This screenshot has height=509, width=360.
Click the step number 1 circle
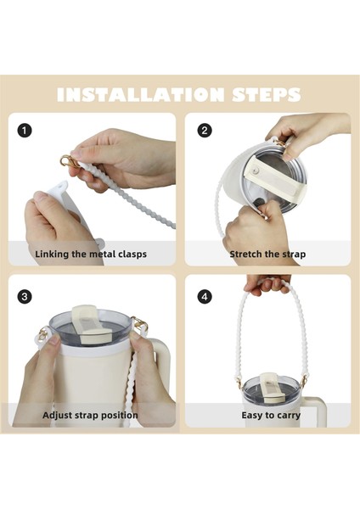click(25, 131)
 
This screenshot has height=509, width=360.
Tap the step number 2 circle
click(205, 131)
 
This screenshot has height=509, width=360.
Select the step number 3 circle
click(25, 297)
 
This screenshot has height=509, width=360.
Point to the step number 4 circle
click(205, 297)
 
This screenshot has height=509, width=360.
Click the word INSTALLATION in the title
click(140, 94)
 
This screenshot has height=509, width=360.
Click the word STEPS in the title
click(267, 94)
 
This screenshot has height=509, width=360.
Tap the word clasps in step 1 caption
click(132, 254)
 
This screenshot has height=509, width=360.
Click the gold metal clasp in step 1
click(69, 161)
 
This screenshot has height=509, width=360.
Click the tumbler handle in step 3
click(161, 364)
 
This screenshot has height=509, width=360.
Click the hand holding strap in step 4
click(267, 284)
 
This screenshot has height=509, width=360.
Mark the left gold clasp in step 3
click(42, 333)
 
